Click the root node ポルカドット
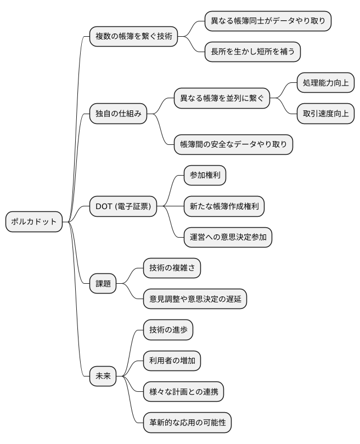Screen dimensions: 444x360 coord(34,222)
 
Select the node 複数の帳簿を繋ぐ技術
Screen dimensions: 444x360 coord(133,37)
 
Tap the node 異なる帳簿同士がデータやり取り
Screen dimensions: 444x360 coord(268,21)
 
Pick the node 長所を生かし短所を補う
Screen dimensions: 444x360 coord(252,52)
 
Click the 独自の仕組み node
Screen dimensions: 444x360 coord(119,114)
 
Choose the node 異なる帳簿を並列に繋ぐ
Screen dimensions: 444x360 coord(222,99)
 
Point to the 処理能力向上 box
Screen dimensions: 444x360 coord(325,83)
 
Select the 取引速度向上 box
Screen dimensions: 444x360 coord(325,114)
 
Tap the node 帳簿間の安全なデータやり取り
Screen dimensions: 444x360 coord(233,145)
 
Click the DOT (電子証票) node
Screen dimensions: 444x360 coord(123,206)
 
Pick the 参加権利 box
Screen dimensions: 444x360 coord(205,176)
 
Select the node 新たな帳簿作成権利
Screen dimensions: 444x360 coord(224,206)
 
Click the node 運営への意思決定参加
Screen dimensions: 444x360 coord(228,237)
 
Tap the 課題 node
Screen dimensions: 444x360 coord(103,284)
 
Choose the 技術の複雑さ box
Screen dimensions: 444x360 coord(172,268)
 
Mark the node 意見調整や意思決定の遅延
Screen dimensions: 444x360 coord(195,299)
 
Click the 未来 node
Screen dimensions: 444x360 coord(103,376)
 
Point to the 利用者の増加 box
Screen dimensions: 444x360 coord(172,361)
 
